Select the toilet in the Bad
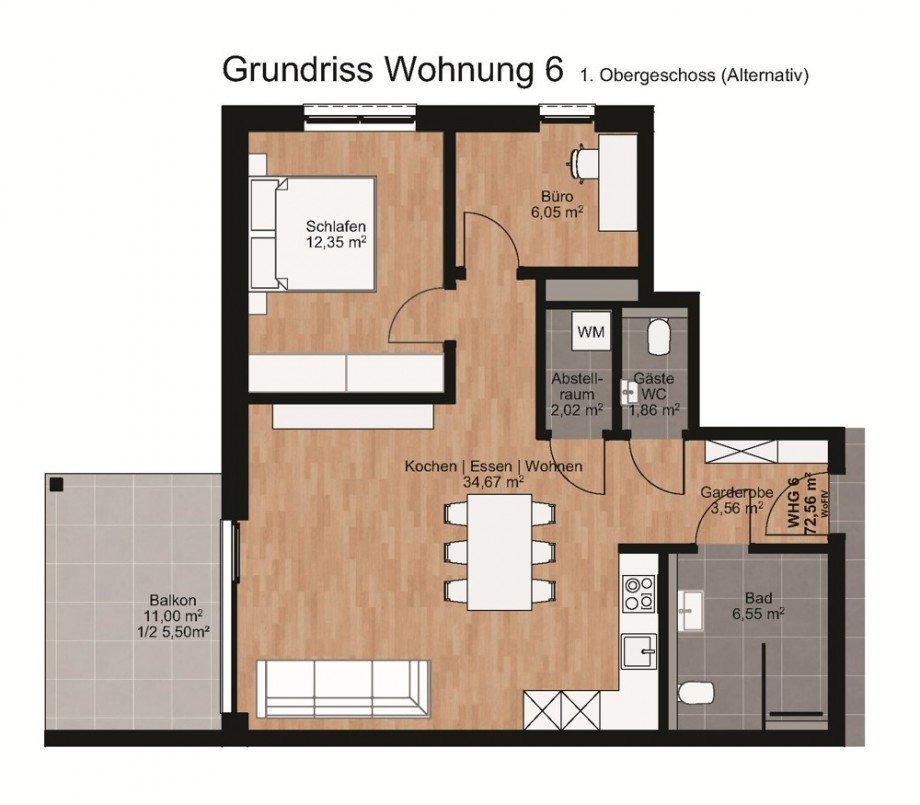(694, 692)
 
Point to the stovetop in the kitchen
(637, 592)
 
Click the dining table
(500, 552)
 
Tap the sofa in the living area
(343, 687)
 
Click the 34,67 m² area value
(493, 482)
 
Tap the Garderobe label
(732, 492)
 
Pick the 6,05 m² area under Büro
(557, 212)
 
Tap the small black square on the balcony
(57, 485)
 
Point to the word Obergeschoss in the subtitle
(658, 74)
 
